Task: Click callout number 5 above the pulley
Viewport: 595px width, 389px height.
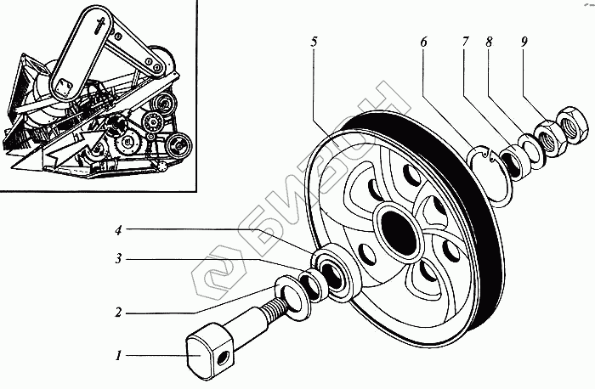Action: (314, 42)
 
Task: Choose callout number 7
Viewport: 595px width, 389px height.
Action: (465, 42)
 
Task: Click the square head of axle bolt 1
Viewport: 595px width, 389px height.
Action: (207, 347)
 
